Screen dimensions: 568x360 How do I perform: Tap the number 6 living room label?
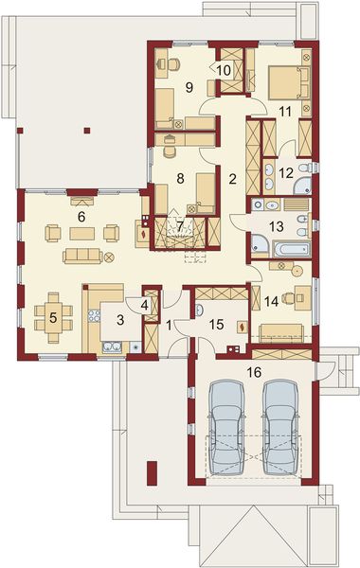(x=81, y=217)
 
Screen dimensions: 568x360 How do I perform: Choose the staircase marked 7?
(x=180, y=233)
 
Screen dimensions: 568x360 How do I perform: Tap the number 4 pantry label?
(x=143, y=305)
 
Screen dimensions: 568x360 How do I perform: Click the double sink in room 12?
(x=268, y=173)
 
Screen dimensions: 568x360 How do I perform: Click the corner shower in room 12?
(x=301, y=171)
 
